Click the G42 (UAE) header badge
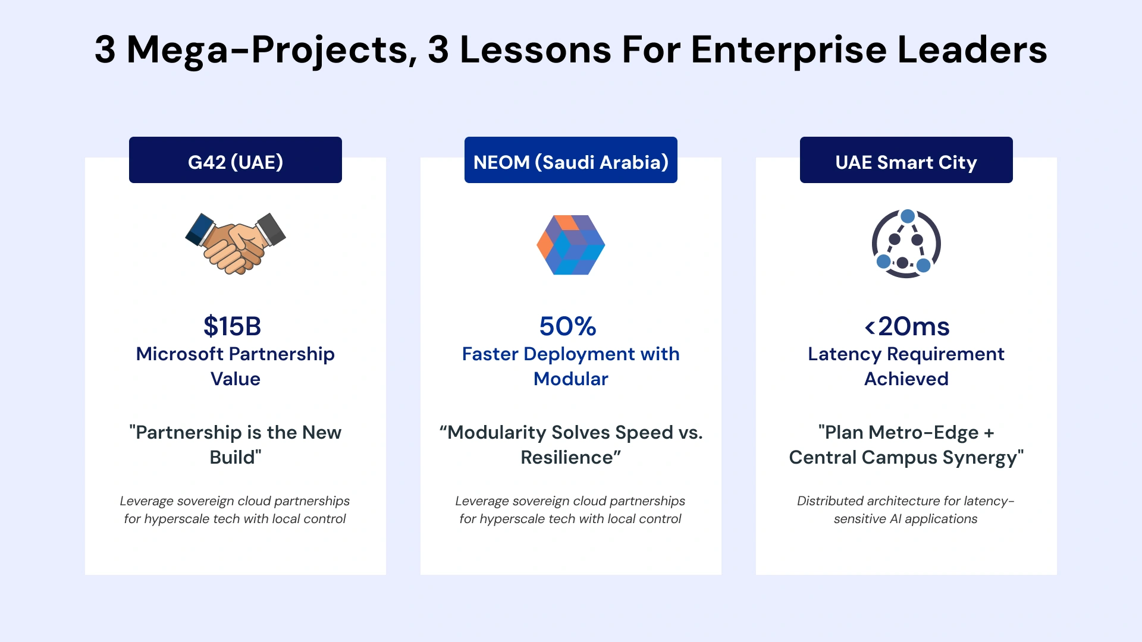click(235, 160)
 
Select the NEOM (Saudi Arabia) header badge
click(570, 160)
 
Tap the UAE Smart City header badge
click(906, 160)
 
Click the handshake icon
click(236, 244)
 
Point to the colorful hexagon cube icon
click(570, 244)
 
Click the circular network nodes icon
click(906, 244)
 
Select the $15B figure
click(232, 326)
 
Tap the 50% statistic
click(567, 326)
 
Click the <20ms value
click(906, 326)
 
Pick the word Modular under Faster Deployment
click(570, 379)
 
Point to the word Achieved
click(906, 379)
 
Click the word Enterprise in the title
click(789, 49)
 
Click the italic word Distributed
click(830, 501)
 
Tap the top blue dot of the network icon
click(908, 216)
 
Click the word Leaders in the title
click(972, 49)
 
